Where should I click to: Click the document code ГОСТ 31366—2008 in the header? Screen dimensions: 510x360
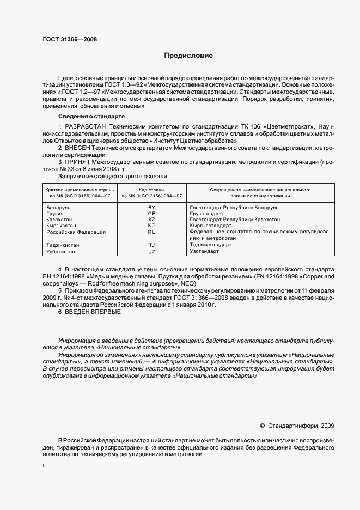coord(70,39)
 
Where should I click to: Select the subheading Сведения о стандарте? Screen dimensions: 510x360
coord(91,117)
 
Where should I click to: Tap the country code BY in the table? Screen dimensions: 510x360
coord(151,208)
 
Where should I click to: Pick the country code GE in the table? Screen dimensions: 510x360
coord(151,214)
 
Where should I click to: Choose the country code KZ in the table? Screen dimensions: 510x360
coord(151,220)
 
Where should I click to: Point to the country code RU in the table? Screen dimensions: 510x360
coord(151,232)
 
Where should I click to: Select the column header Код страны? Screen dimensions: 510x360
coord(151,190)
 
